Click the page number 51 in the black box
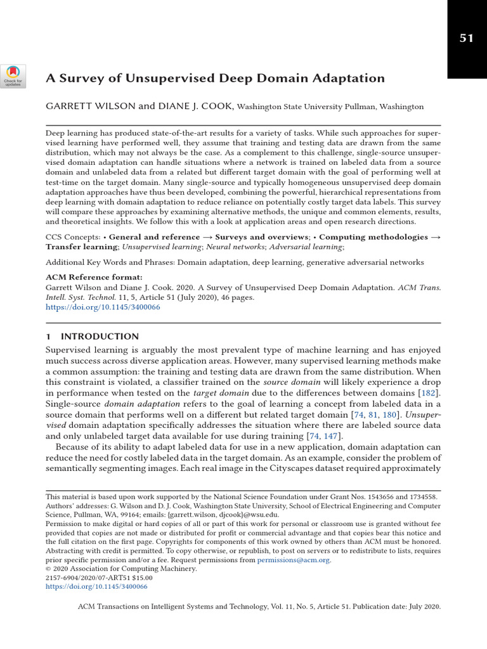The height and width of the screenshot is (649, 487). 467,39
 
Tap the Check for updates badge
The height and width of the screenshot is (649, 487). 13,77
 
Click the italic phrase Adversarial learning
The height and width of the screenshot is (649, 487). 308,246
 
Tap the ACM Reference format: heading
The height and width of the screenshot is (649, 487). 94,277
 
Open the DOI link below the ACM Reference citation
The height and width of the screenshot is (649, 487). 103,307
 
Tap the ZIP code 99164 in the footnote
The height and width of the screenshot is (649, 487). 139,515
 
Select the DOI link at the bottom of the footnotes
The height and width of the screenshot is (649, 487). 96,587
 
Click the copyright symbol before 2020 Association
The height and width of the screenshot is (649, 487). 49,569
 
